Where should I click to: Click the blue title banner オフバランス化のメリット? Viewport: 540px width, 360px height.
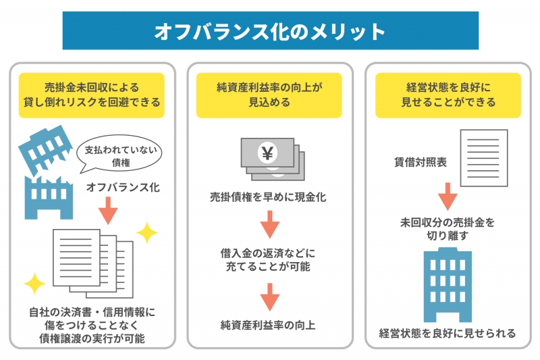coord(271,30)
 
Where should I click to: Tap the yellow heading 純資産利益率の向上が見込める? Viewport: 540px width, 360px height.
coord(269,95)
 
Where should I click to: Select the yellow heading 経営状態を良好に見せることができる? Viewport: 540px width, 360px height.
coord(448,95)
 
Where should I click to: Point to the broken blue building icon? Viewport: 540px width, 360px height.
coord(47,172)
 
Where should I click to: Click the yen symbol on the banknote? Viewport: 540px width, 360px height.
coord(267,153)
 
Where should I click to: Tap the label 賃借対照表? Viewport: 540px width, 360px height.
coord(420,162)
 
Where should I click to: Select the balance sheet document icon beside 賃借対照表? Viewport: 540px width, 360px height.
coord(484,158)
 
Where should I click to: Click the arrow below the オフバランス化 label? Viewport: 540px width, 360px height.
coord(108,211)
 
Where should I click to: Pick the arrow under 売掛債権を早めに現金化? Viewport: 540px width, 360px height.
coord(269,224)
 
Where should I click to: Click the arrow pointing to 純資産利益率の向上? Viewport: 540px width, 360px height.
coord(269,297)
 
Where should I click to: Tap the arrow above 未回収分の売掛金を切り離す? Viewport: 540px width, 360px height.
coord(448,197)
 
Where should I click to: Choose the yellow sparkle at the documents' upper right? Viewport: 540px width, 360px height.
coord(147,233)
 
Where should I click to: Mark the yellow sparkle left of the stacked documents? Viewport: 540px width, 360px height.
coord(34,284)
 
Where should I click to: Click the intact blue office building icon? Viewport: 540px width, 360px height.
coord(448,285)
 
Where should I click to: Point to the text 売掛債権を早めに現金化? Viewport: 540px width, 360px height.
coord(268,197)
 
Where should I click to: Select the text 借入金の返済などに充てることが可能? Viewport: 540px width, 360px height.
coord(268,260)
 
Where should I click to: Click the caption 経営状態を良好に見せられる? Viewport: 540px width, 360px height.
coord(448,333)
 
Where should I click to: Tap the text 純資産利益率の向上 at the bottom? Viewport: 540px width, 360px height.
coord(268,325)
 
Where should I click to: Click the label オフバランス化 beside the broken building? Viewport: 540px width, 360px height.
coord(123,187)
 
